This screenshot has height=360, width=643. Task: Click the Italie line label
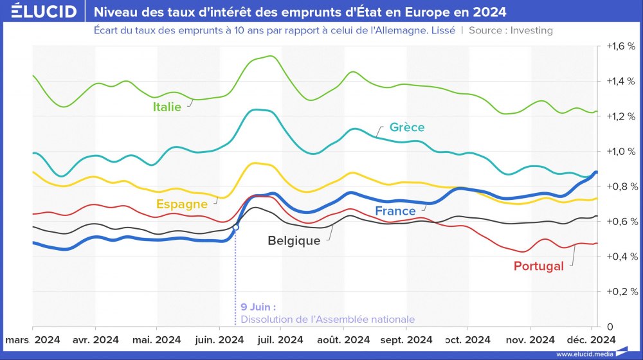(167, 107)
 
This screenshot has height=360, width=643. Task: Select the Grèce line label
(407, 127)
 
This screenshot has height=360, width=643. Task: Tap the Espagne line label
(182, 204)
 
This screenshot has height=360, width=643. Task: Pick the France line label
(395, 211)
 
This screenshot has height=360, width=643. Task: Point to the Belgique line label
(294, 241)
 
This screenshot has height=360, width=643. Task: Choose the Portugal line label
(539, 266)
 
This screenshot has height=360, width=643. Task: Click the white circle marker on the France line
(236, 227)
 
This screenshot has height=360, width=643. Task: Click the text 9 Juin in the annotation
(258, 307)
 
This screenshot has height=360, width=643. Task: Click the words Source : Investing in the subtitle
(511, 30)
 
